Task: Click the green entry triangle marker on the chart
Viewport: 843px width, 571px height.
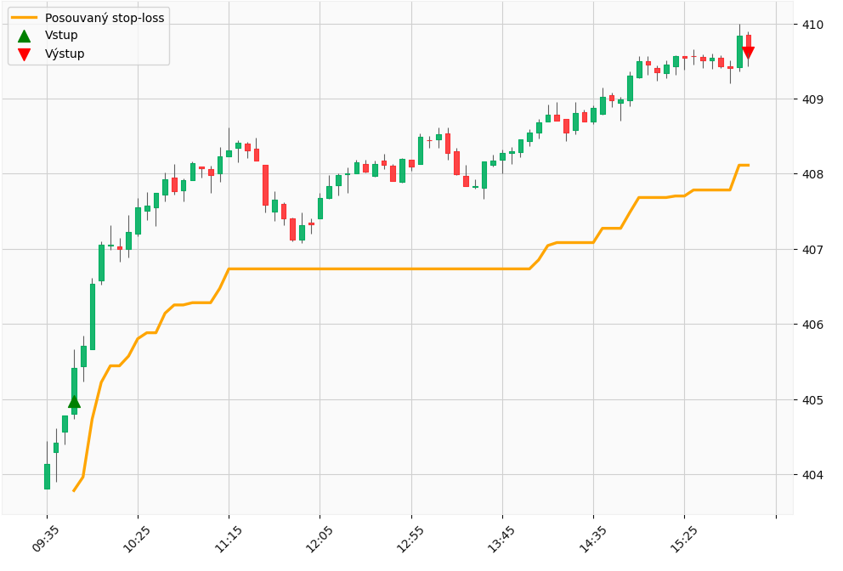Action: point(74,401)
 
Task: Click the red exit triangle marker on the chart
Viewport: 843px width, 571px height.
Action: point(748,53)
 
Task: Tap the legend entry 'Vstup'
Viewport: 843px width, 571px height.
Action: point(61,36)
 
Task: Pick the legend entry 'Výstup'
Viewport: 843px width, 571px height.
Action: point(65,54)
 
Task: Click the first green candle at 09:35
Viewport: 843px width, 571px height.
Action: point(47,476)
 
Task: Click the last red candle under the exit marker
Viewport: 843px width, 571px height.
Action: point(748,42)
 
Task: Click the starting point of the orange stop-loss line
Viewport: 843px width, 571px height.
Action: point(74,490)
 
